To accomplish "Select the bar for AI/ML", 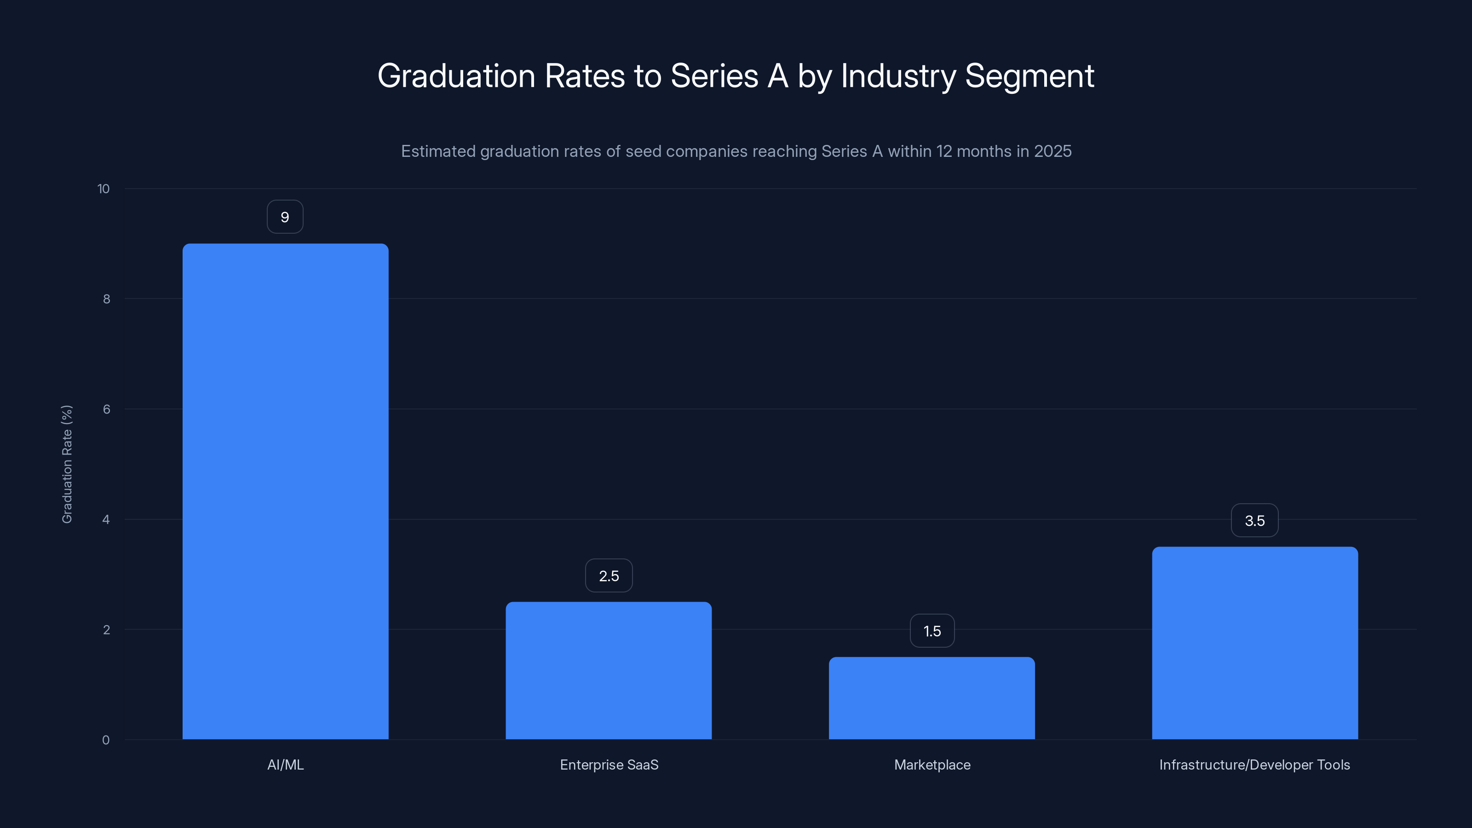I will (x=285, y=491).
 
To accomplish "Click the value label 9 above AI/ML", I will (x=285, y=217).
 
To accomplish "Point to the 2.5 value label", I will (x=609, y=576).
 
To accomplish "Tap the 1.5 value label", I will (x=932, y=631).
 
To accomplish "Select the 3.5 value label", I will (x=1254, y=521).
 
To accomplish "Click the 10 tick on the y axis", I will (x=103, y=189).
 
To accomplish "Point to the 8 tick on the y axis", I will (x=106, y=299).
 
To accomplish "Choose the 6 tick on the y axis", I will (x=106, y=409).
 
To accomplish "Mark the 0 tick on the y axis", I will (x=106, y=740).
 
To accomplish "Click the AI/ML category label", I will (x=285, y=765).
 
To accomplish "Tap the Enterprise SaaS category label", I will (x=609, y=765).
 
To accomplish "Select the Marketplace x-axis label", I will (x=932, y=765).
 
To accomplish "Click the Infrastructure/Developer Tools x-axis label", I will (x=1254, y=765).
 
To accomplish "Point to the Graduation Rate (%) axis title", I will (x=67, y=464).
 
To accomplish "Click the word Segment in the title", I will (x=1029, y=76).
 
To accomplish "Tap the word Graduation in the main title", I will (x=456, y=76).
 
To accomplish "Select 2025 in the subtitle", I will (x=1052, y=151).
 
